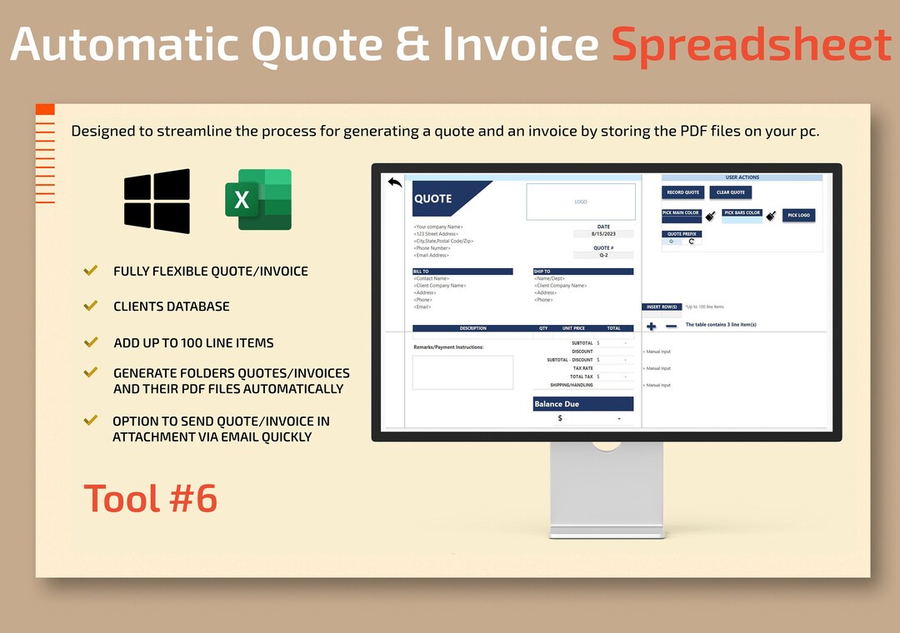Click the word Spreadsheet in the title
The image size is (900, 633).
(752, 45)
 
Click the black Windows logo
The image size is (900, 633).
(157, 201)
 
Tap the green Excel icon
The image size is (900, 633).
(258, 199)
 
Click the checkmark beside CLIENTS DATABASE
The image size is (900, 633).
(91, 306)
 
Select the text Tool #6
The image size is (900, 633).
(151, 498)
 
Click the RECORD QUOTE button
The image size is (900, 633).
(682, 192)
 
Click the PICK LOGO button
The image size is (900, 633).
(798, 215)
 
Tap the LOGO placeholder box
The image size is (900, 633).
(581, 202)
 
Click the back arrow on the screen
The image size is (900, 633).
(395, 182)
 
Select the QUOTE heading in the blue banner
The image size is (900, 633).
(433, 198)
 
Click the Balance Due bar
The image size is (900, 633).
(583, 404)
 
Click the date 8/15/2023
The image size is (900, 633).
(603, 234)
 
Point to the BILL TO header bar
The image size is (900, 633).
(462, 272)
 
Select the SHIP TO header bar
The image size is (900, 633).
(583, 272)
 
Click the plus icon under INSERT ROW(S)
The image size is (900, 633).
(652, 326)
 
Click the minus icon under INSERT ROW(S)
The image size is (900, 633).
(671, 326)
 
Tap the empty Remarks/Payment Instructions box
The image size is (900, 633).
(462, 372)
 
